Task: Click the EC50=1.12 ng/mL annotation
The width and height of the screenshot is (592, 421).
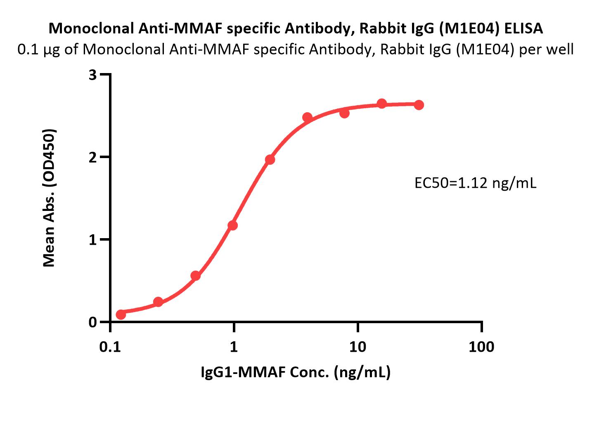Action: pos(475,183)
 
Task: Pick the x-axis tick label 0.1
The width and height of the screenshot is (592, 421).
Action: pos(110,347)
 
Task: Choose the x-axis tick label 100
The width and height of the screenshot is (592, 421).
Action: pos(481,347)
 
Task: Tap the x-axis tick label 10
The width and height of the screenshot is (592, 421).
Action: pos(358,347)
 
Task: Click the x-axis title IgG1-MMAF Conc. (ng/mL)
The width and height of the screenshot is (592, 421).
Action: pos(296,372)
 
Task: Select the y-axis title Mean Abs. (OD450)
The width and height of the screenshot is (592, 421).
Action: pos(49,198)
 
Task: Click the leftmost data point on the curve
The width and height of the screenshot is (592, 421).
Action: pos(121,315)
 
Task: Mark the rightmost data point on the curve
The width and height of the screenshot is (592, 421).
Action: pos(419,105)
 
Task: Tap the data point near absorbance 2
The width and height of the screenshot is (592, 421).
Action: pos(270,160)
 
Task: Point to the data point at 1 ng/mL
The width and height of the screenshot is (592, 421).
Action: pos(232,225)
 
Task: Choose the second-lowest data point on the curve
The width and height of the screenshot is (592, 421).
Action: pos(158,302)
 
